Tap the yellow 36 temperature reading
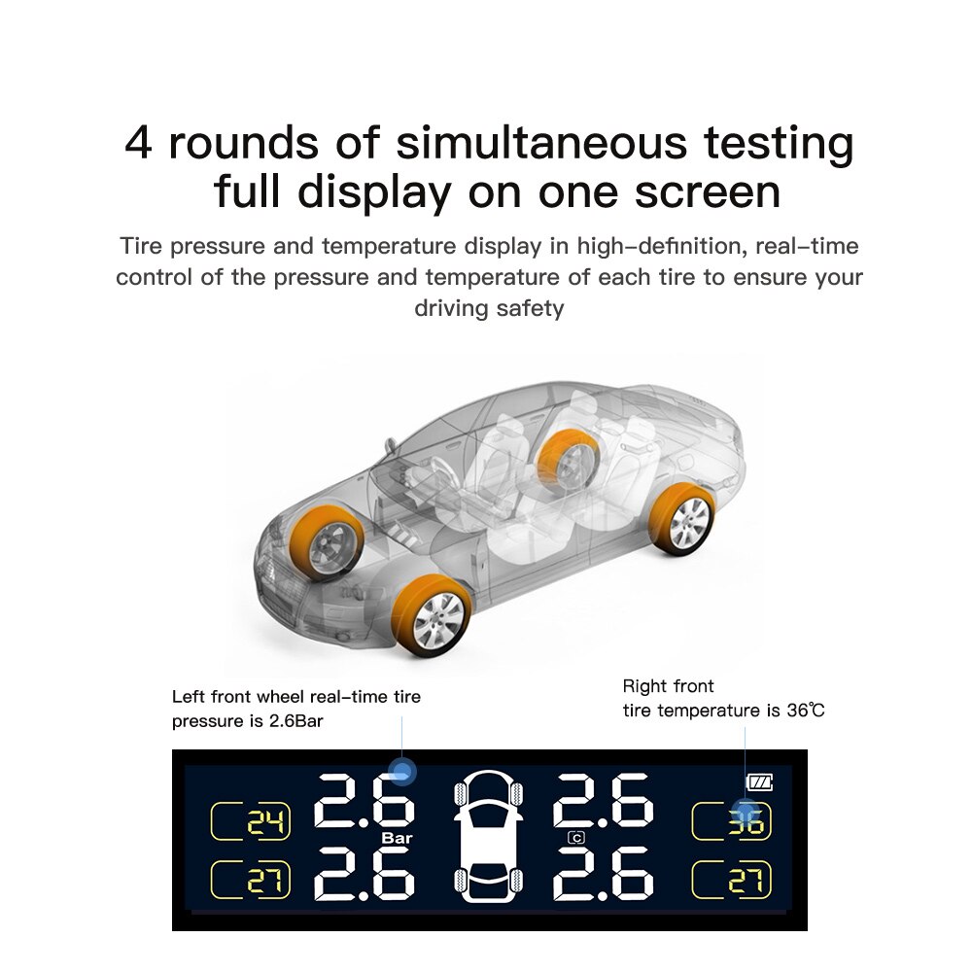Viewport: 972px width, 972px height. coord(746,823)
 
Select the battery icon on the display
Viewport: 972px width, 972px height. coord(759,782)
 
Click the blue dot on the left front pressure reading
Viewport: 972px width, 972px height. coord(401,771)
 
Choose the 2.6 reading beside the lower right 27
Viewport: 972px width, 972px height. coord(604,874)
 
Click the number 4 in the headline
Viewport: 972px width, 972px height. coord(138,143)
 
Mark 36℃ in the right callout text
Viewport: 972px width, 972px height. coord(806,711)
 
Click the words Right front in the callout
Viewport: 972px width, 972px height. coord(669,686)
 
